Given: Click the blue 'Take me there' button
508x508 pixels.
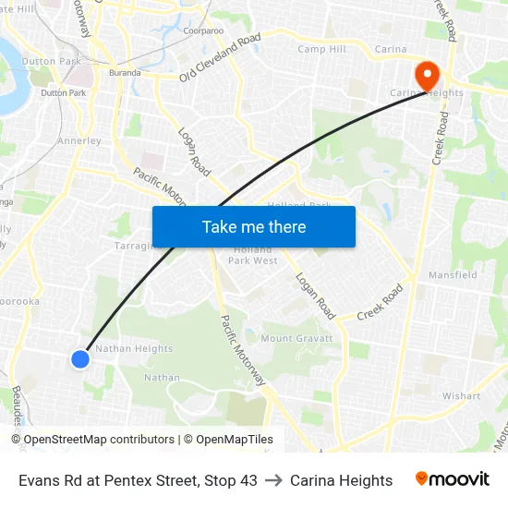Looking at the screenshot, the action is tap(254, 226).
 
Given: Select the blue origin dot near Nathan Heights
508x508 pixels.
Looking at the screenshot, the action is tap(80, 358).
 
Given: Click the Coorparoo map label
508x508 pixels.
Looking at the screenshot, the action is tap(203, 30).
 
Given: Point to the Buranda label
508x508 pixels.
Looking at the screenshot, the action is tap(125, 72).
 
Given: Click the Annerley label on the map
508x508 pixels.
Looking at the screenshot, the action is tap(79, 141).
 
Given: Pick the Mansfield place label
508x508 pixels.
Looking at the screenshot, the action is tap(453, 275).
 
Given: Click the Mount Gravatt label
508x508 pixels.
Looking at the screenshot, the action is tap(290, 339).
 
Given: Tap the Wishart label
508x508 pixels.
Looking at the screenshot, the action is tap(461, 396).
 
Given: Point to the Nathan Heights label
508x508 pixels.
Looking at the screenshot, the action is tap(134, 349).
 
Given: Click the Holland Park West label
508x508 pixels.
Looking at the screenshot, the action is tap(253, 255).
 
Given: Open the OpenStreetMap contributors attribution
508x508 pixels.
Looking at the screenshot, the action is tap(99, 440).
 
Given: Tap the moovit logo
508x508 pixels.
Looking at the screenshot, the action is tap(452, 479).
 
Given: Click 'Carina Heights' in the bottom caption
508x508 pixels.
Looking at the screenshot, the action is tap(341, 480).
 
